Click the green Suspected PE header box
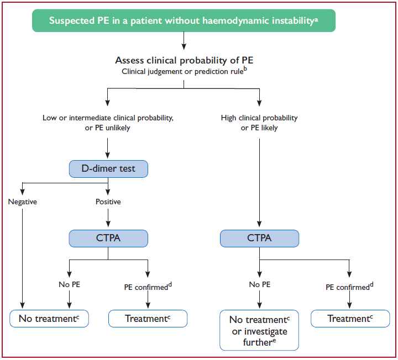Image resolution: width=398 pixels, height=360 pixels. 184,20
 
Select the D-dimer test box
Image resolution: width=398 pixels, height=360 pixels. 108,169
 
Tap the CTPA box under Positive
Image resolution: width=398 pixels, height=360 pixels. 108,239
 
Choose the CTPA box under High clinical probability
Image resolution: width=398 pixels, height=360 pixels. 259,239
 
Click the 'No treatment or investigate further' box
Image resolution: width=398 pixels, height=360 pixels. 259,330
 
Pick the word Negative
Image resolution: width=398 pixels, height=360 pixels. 22,202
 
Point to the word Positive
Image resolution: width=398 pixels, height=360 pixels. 108,202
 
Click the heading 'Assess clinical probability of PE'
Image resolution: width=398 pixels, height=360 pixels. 184,60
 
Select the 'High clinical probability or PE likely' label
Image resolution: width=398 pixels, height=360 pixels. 259,123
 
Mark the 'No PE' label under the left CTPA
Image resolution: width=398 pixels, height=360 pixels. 69,284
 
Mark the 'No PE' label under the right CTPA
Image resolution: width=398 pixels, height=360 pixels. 260,284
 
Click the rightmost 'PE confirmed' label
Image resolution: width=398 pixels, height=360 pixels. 349,287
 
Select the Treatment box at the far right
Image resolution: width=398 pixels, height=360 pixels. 350,319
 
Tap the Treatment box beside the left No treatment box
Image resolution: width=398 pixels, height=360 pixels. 148,319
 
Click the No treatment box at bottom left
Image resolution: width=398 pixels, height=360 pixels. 49,319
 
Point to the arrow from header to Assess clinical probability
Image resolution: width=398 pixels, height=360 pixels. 184,41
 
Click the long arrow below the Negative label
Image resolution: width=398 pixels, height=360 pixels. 22,258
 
